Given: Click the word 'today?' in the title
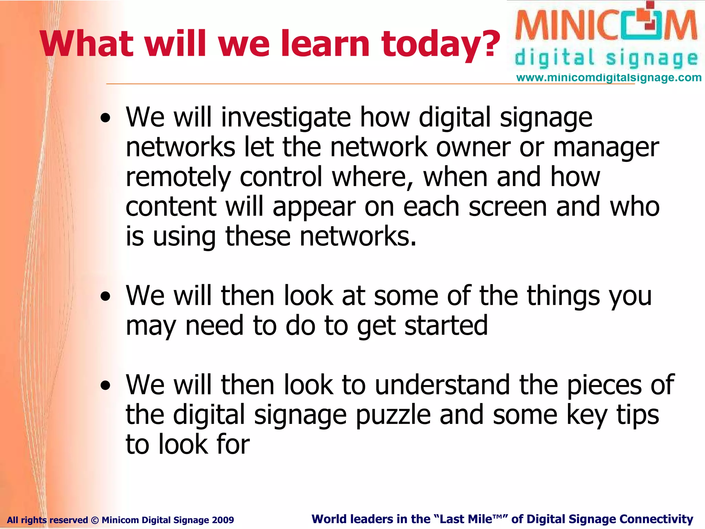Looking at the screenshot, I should click(x=441, y=44).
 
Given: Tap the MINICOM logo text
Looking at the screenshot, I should click(x=606, y=26).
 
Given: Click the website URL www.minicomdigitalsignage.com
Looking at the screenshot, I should click(x=609, y=78).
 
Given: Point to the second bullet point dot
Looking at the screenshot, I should click(x=106, y=297).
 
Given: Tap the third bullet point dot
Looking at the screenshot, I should click(x=106, y=386).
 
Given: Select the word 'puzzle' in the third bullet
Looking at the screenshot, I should click(x=393, y=415).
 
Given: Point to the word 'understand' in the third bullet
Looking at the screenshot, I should click(x=442, y=385).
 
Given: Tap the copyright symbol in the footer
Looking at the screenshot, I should click(x=95, y=520).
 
